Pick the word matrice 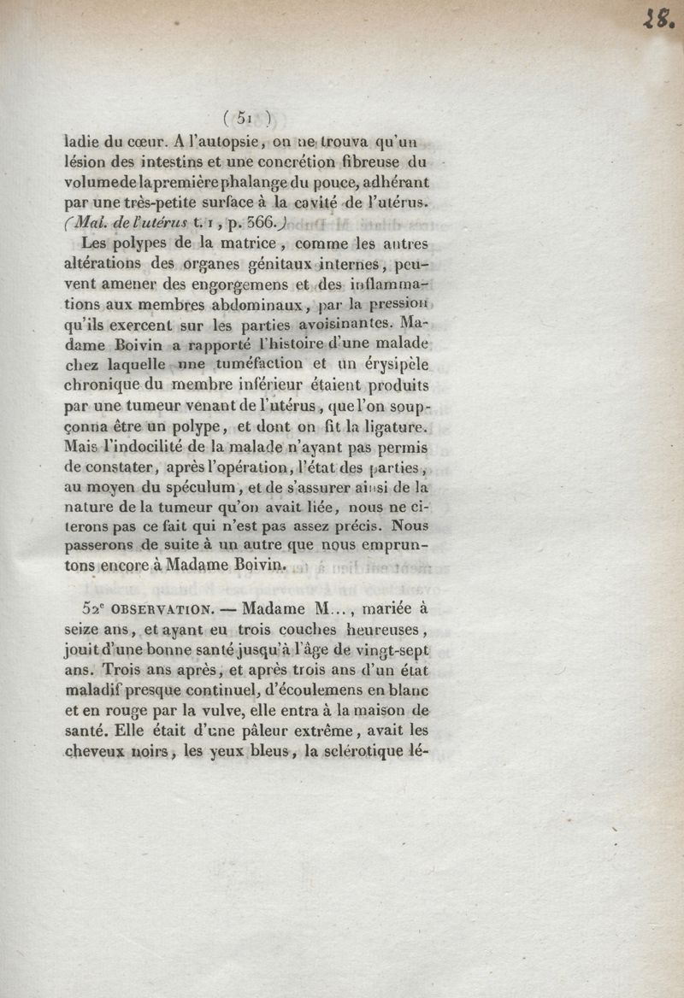coord(251,245)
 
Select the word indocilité coord(153,446)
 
